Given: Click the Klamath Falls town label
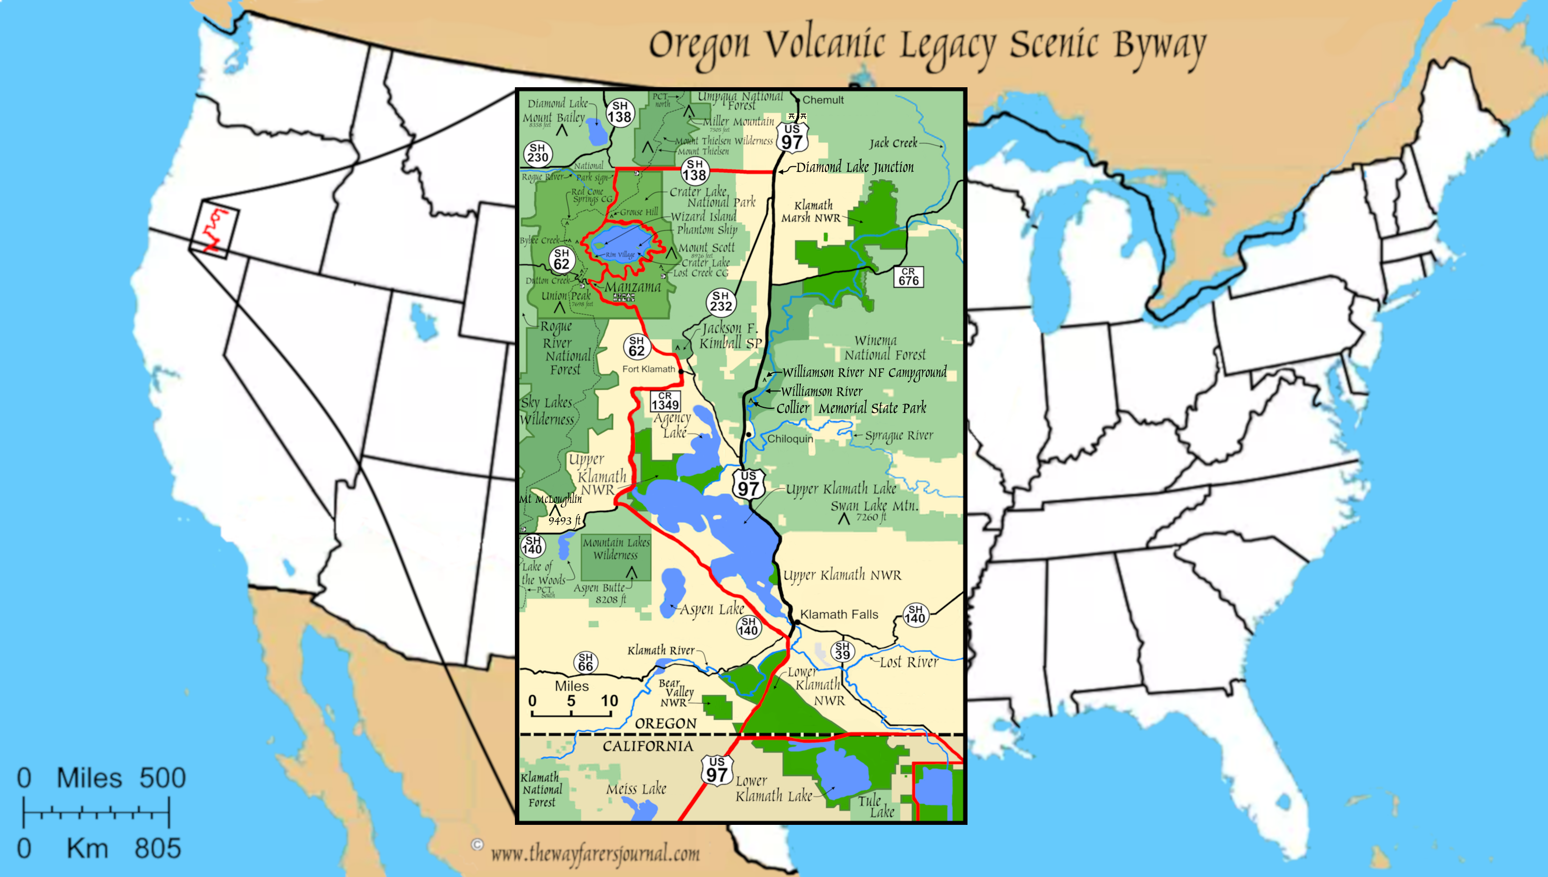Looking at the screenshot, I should [x=838, y=614].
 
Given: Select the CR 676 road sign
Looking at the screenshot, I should [x=909, y=277].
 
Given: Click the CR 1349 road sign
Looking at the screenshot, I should [x=665, y=401].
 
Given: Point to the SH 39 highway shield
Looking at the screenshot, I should [x=842, y=650].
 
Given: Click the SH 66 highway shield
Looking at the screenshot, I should [x=585, y=662].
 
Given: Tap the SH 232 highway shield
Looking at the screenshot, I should [x=721, y=301].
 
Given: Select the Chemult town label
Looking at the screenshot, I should [x=823, y=100].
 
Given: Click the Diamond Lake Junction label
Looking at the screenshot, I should [x=854, y=167].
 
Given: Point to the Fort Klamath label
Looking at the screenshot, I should [x=649, y=369].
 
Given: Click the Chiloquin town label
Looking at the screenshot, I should [x=789, y=439].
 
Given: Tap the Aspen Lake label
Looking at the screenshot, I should [x=712, y=609].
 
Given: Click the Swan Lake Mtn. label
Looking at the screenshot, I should [x=874, y=506].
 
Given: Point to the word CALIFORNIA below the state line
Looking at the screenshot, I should [x=648, y=746].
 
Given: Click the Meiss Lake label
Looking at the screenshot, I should [x=636, y=788].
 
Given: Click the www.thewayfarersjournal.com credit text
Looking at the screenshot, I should [x=595, y=853].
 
